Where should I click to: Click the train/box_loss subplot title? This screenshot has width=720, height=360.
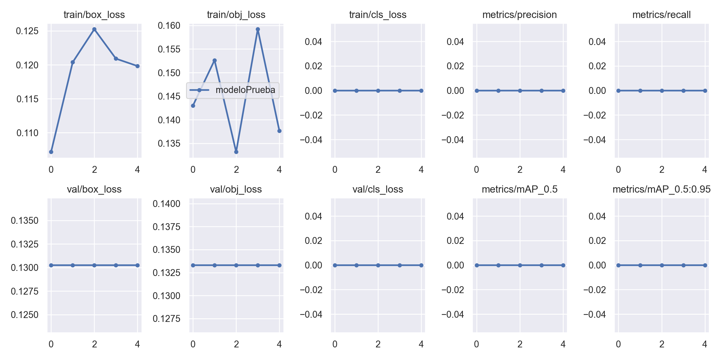click(x=94, y=15)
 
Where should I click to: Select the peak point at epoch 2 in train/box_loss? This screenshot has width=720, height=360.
click(x=94, y=29)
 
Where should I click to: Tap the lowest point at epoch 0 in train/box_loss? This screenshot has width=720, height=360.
click(x=51, y=152)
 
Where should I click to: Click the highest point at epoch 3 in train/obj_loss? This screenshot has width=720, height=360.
click(x=258, y=29)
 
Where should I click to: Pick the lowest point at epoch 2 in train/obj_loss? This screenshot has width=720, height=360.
click(x=236, y=152)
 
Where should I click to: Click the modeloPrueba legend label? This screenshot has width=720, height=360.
click(x=245, y=90)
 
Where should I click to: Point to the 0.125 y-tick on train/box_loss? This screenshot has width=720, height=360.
click(x=27, y=31)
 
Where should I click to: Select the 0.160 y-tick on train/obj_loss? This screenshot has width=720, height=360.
click(x=169, y=25)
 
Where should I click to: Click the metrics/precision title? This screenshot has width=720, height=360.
click(x=520, y=15)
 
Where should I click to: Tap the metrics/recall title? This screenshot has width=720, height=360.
click(x=661, y=15)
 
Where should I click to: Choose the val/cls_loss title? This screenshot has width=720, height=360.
click(x=378, y=189)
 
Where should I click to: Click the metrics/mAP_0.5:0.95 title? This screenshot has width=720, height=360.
click(x=661, y=189)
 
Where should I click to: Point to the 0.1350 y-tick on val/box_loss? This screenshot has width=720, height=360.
click(x=25, y=221)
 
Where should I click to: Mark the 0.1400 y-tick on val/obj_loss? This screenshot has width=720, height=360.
click(x=166, y=204)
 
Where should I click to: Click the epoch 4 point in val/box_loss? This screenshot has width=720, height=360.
click(x=137, y=265)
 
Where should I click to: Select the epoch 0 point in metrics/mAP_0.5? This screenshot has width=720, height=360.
click(x=477, y=265)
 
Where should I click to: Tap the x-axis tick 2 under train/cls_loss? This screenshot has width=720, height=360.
click(x=378, y=170)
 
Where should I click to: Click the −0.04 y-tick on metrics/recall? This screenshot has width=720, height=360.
click(x=595, y=140)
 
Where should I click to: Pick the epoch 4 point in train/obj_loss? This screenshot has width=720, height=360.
click(x=279, y=131)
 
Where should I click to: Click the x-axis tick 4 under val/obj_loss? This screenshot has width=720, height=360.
click(x=279, y=344)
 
